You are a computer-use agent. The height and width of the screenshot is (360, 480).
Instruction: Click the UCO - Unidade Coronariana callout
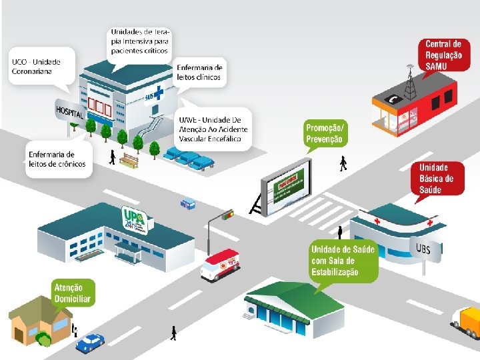[x=37, y=69]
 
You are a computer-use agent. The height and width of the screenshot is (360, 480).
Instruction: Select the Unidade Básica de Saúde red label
[x=441, y=179]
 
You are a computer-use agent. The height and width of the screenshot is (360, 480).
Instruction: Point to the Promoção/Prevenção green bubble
[x=325, y=133]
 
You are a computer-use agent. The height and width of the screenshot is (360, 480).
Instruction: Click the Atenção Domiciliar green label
[x=72, y=292]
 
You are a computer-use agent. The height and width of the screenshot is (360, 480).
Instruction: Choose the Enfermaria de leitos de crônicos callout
[x=59, y=159]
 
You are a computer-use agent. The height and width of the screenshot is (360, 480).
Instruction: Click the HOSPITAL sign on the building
[x=70, y=111]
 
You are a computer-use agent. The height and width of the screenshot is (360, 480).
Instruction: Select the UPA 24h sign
[x=136, y=217]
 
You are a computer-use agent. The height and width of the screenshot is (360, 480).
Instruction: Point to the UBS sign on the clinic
[x=423, y=249]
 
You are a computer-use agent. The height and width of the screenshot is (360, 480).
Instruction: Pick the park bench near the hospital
[x=131, y=160]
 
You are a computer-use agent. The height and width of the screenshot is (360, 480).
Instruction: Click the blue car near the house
[x=90, y=343]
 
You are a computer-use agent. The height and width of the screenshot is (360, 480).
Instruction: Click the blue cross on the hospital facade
[x=159, y=92]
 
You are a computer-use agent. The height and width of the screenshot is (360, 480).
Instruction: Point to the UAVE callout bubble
[x=213, y=129]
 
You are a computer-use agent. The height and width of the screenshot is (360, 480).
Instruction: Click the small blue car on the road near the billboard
[x=188, y=203]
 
